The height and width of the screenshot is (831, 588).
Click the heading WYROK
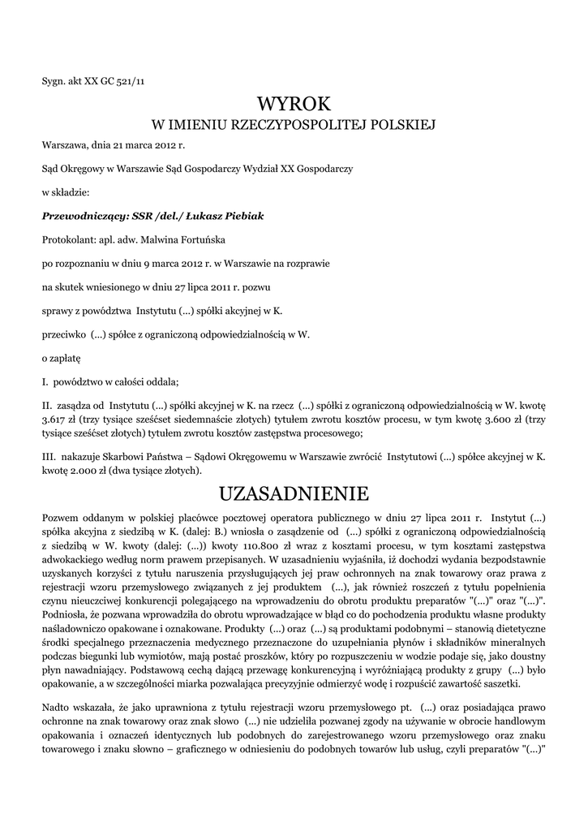tap(294, 103)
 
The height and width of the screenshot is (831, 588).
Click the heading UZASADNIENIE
tap(294, 493)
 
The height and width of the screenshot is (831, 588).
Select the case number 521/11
tap(131, 80)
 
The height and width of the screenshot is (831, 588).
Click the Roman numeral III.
tap(48, 458)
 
